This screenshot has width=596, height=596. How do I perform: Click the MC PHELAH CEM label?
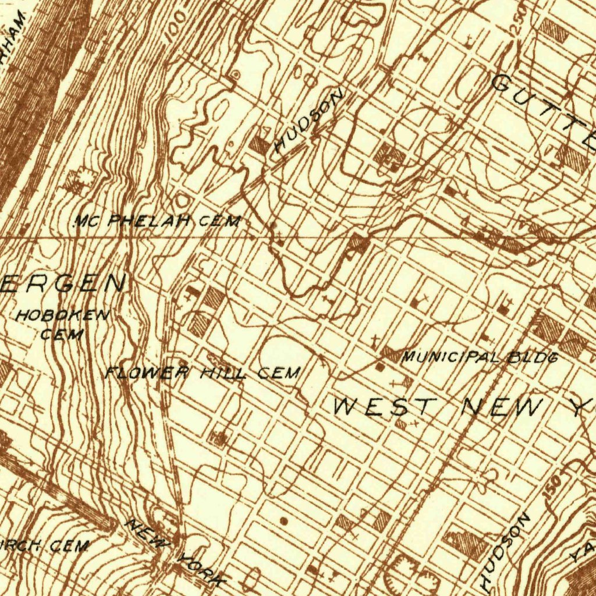click(x=157, y=221)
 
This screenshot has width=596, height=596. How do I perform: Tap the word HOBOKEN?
click(x=62, y=317)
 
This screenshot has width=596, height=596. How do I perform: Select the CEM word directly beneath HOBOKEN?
click(x=62, y=335)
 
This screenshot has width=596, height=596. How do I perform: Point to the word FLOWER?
click(x=147, y=372)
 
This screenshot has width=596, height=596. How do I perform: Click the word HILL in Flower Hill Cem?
click(x=223, y=372)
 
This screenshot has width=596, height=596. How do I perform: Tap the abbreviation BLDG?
click(x=533, y=357)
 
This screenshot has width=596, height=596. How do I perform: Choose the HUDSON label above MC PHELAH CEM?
click(x=308, y=122)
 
